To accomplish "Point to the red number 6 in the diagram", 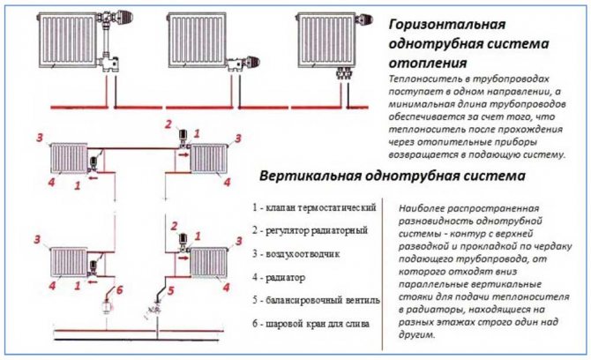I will pyautogui.click(x=121, y=290).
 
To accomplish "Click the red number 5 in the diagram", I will pyautogui.click(x=172, y=289).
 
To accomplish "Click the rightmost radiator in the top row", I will pyautogui.click(x=331, y=34).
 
